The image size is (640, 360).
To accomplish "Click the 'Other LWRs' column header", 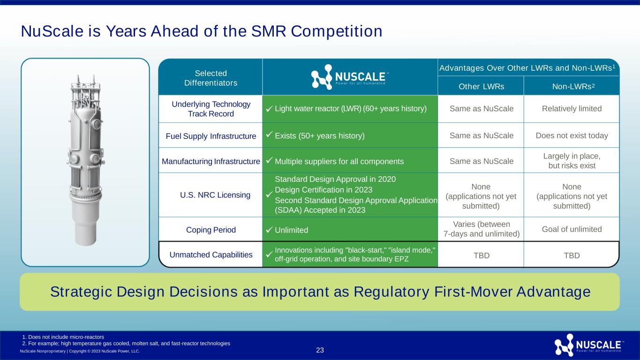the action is (x=481, y=86).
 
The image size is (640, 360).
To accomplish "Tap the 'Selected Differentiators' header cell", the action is (x=211, y=78).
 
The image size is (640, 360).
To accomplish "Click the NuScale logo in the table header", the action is (x=350, y=77).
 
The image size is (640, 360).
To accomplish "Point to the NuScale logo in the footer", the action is (x=589, y=345).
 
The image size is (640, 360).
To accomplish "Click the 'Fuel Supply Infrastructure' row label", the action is (x=211, y=136).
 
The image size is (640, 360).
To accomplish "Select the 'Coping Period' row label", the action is (x=211, y=230).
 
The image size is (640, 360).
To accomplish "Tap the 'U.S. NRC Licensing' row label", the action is (x=215, y=195).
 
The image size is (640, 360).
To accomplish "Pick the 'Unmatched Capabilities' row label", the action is (x=211, y=255).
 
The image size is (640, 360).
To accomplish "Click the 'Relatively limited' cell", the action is (x=572, y=109).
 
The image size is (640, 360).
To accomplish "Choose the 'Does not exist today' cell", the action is (x=572, y=135).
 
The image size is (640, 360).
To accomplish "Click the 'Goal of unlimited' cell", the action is (x=572, y=229).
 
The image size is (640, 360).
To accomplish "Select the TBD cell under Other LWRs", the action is (x=482, y=255).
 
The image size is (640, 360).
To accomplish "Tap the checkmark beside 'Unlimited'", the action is (x=269, y=230).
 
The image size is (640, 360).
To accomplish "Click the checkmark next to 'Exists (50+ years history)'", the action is (x=269, y=134).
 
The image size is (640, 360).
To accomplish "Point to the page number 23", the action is (x=320, y=350).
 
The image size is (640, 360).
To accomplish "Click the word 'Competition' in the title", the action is (x=337, y=31).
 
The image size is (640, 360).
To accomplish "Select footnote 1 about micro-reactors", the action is (x=63, y=337).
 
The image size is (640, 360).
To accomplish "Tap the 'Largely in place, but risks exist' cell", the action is (x=572, y=161).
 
